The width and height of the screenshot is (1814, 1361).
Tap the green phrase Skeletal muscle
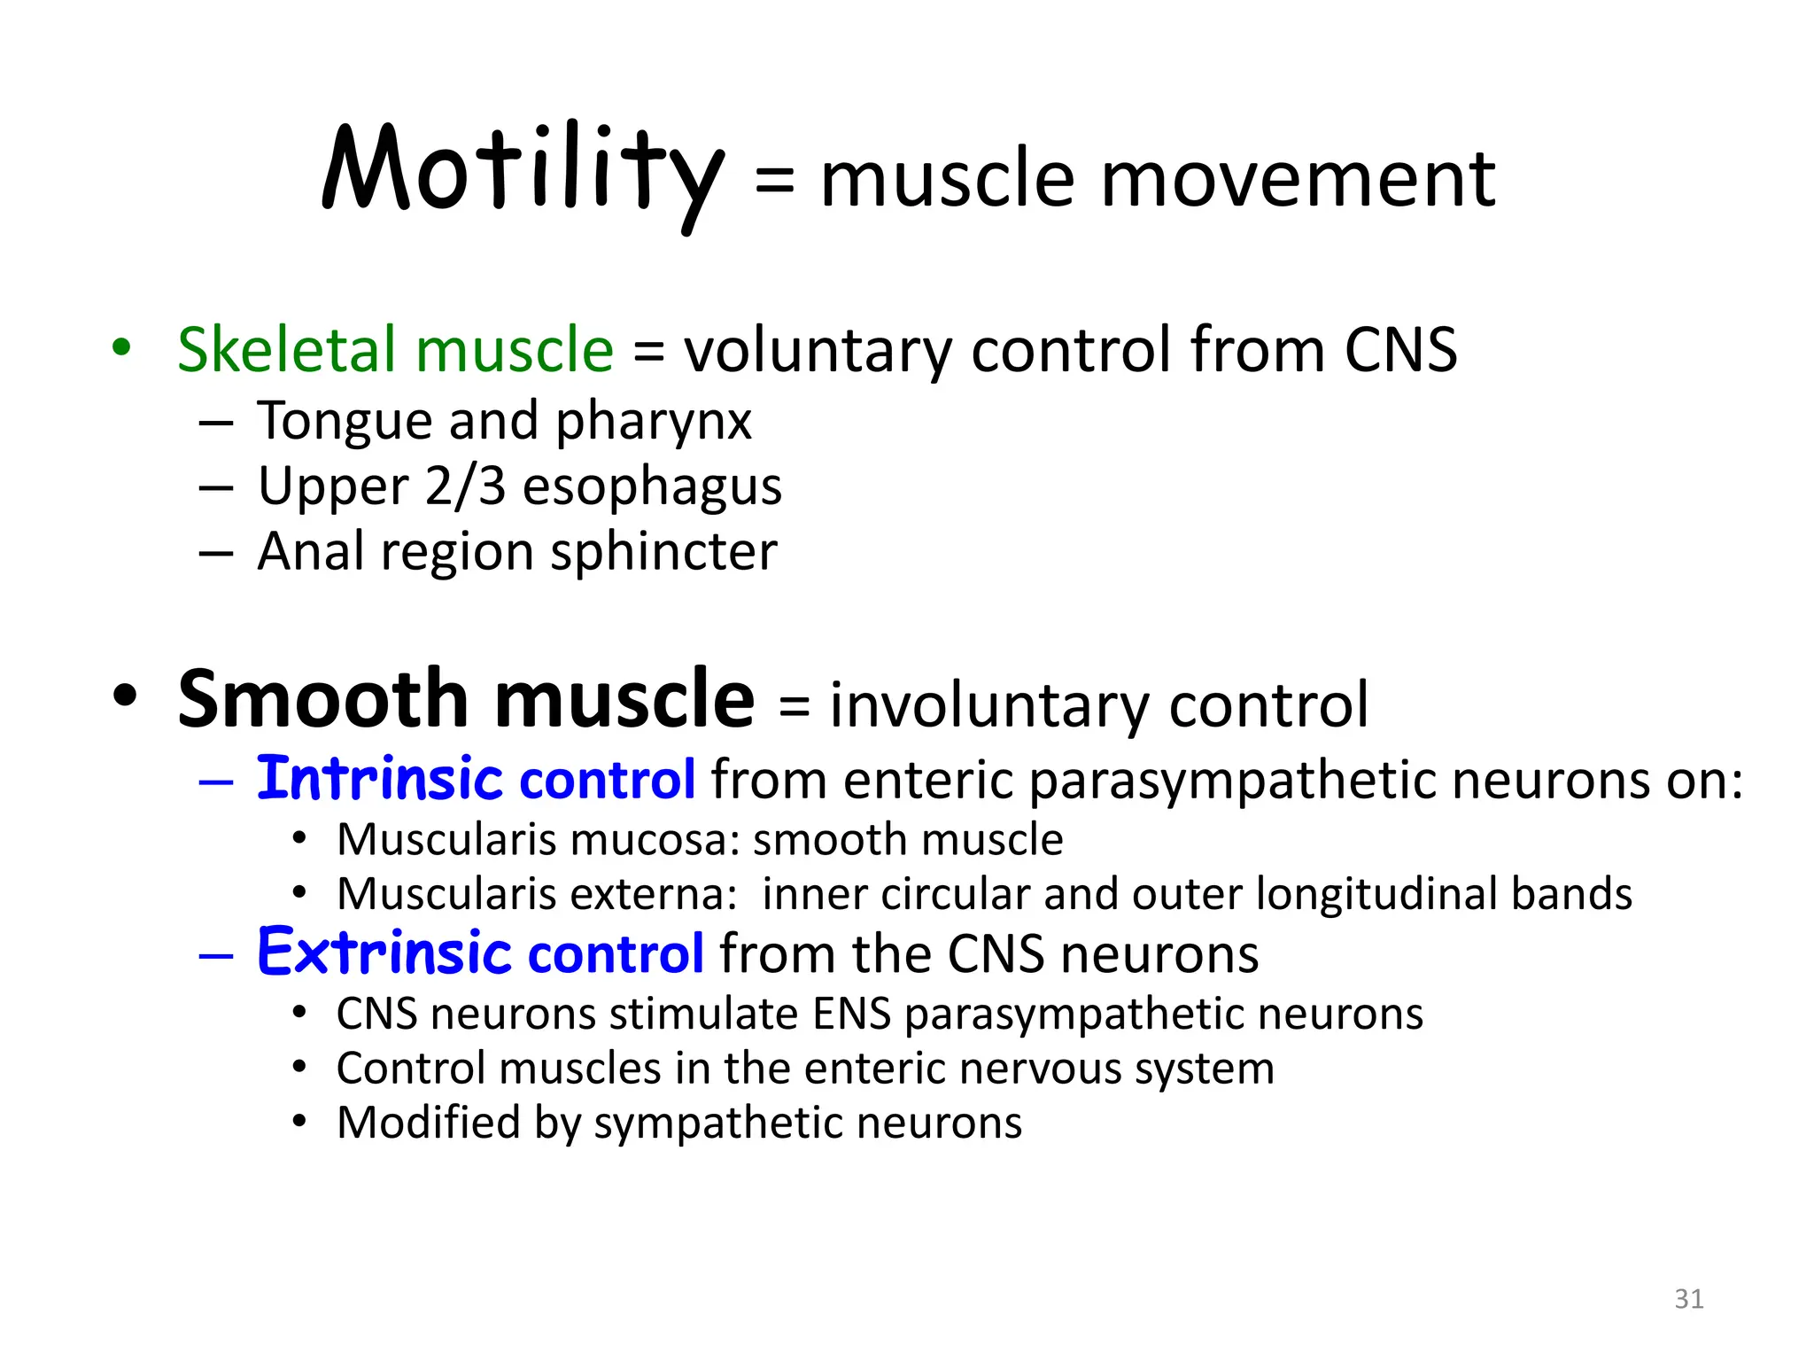tap(395, 349)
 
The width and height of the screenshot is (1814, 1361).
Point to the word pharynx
tap(654, 422)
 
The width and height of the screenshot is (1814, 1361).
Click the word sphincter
tap(663, 552)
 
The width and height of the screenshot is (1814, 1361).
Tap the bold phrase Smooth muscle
tap(466, 700)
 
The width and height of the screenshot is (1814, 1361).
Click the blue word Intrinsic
tap(380, 779)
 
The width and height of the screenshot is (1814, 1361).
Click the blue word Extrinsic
tap(384, 953)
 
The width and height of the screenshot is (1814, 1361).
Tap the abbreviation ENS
tap(851, 1014)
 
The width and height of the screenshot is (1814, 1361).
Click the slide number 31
tap(1688, 1299)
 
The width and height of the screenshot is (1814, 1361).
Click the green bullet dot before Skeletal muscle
tap(122, 347)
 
